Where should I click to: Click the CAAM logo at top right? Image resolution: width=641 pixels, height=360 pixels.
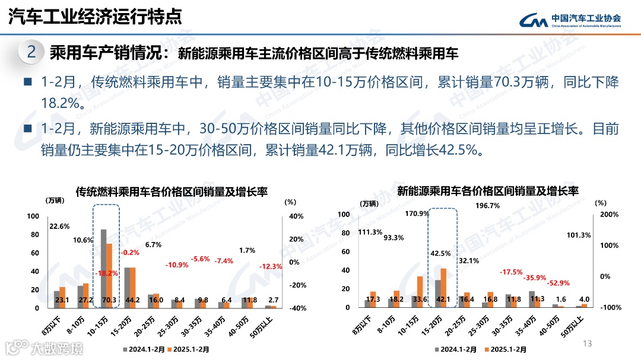click(x=570, y=20)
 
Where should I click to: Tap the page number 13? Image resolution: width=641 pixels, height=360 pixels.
click(x=588, y=344)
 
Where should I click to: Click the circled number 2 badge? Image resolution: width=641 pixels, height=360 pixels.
click(x=31, y=52)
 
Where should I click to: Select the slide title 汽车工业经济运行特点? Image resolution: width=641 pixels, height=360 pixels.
click(x=95, y=17)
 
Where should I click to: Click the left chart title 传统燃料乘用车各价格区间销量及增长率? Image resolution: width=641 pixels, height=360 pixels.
click(x=172, y=192)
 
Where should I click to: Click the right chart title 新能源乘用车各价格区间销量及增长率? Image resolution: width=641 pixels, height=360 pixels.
click(x=487, y=191)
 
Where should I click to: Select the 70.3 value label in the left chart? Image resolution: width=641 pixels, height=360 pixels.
click(x=108, y=300)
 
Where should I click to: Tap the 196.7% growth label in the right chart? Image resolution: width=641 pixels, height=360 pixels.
click(x=488, y=206)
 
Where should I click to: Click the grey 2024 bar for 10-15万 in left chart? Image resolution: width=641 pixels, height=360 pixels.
click(x=103, y=267)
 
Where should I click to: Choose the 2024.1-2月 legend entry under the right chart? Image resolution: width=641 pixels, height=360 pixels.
click(x=458, y=349)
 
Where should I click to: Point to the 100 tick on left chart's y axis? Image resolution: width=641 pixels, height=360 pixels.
click(x=33, y=216)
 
